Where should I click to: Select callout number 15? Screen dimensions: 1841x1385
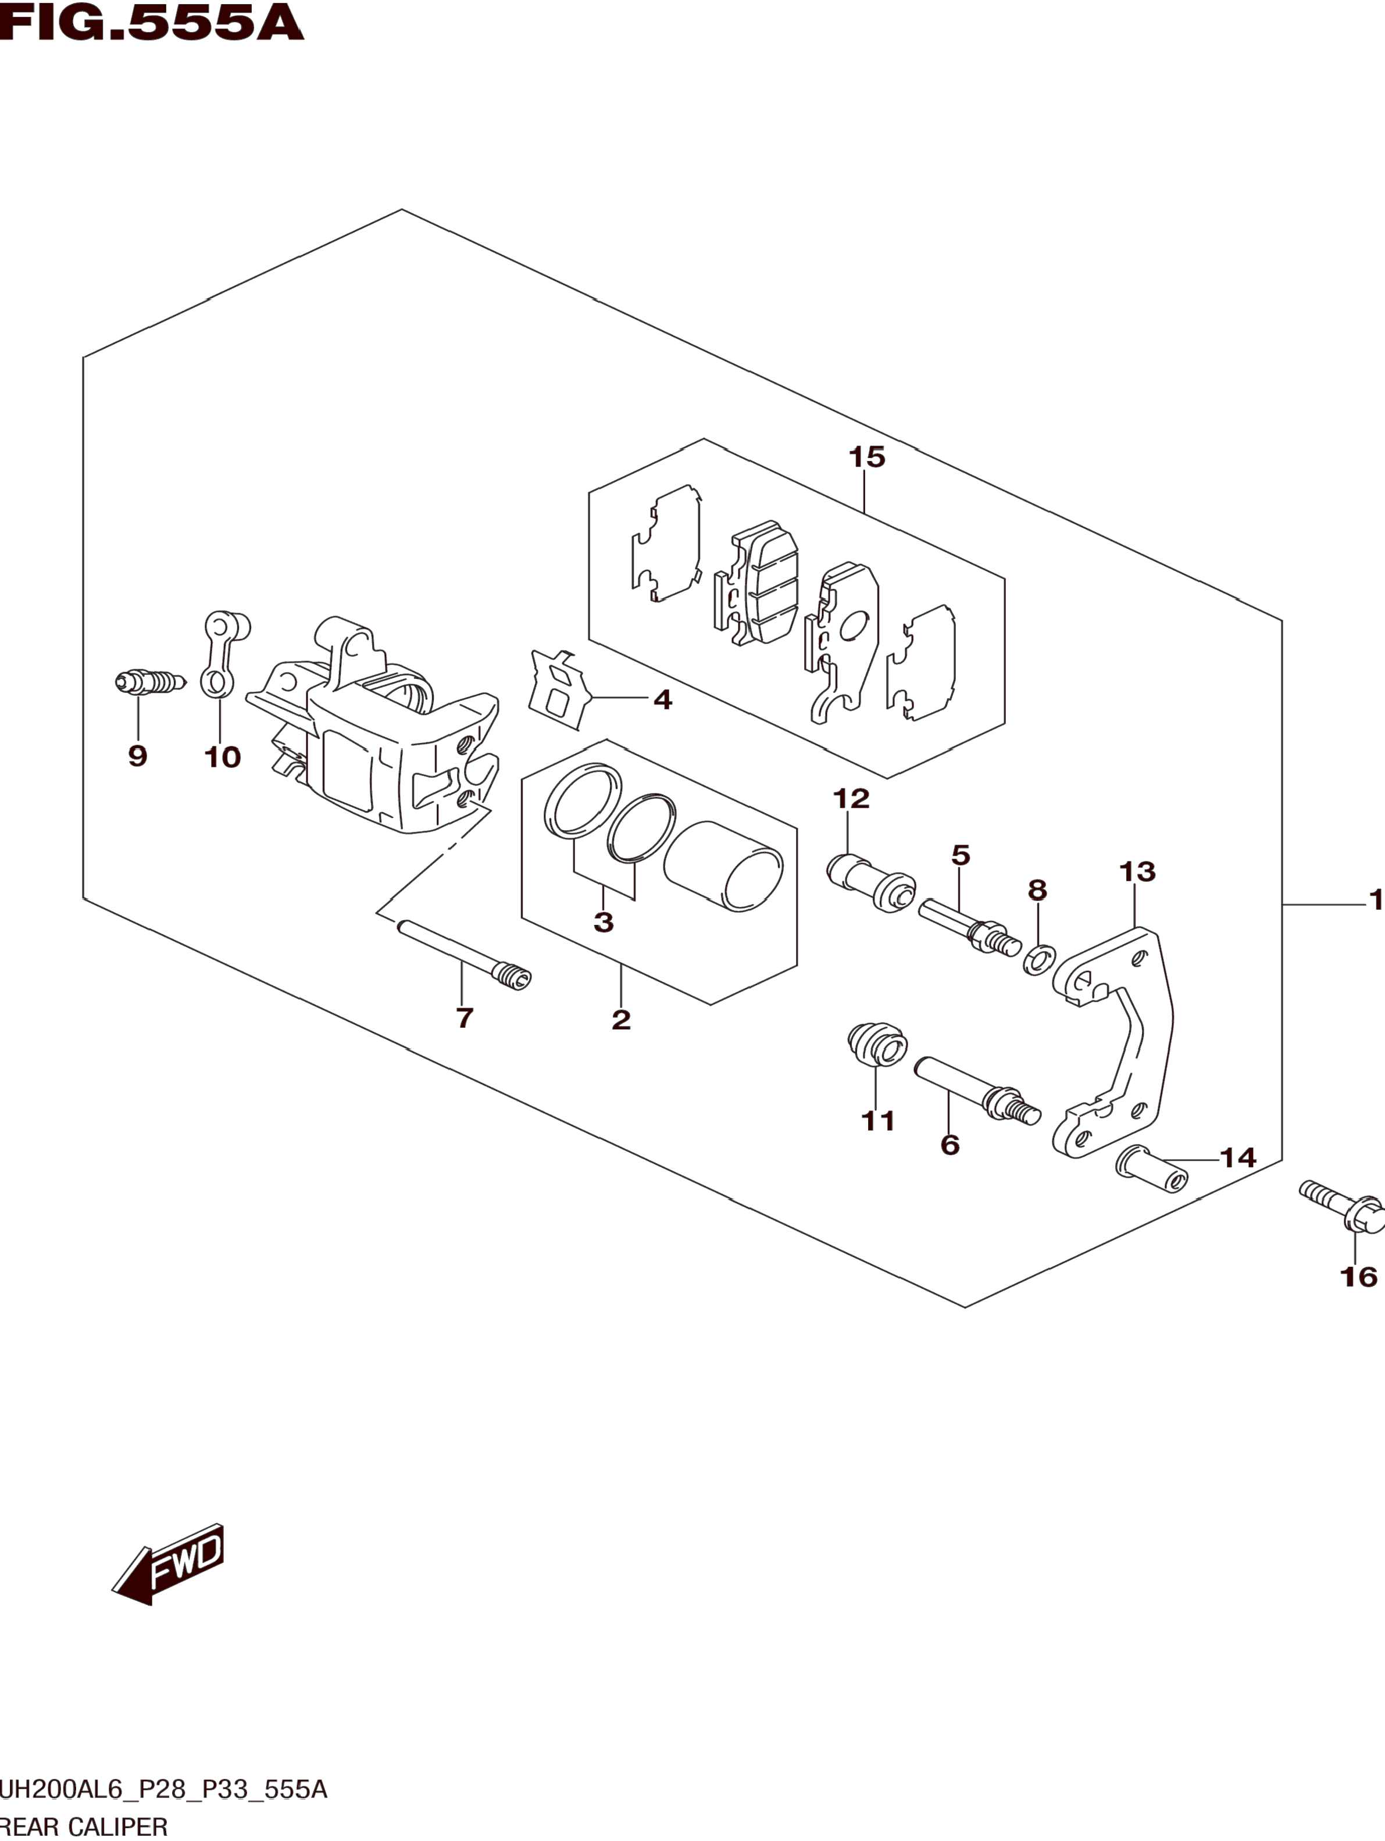[866, 457]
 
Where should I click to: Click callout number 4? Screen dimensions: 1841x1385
[662, 699]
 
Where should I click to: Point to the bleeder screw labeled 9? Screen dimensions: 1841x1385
[150, 682]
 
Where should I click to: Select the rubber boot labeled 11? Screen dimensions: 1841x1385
[876, 1043]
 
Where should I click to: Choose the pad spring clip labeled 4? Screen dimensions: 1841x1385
[558, 689]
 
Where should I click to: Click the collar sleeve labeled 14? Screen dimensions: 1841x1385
[1152, 1170]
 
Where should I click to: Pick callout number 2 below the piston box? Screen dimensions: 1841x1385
[621, 1020]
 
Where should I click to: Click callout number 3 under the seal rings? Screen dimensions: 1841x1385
[604, 922]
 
